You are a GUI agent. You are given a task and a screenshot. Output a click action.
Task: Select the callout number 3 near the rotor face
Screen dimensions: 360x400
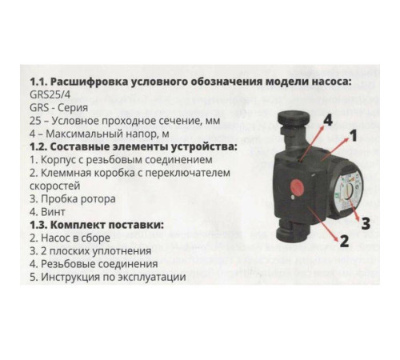click(x=366, y=222)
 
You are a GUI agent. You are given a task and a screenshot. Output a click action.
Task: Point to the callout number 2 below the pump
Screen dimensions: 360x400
click(x=343, y=240)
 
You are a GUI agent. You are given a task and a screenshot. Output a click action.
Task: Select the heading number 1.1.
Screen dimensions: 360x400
click(x=38, y=81)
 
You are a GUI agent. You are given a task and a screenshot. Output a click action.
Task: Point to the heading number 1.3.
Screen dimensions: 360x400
click(x=38, y=226)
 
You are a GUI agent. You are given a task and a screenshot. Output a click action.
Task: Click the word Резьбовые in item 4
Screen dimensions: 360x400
click(x=72, y=264)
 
